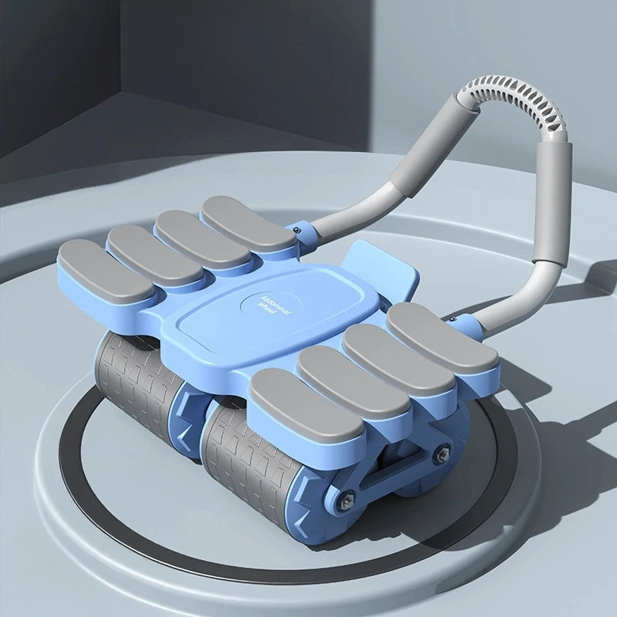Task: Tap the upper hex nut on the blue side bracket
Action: pos(442,454)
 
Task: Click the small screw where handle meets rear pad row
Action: pos(299,228)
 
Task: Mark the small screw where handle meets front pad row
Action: pos(453,319)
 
